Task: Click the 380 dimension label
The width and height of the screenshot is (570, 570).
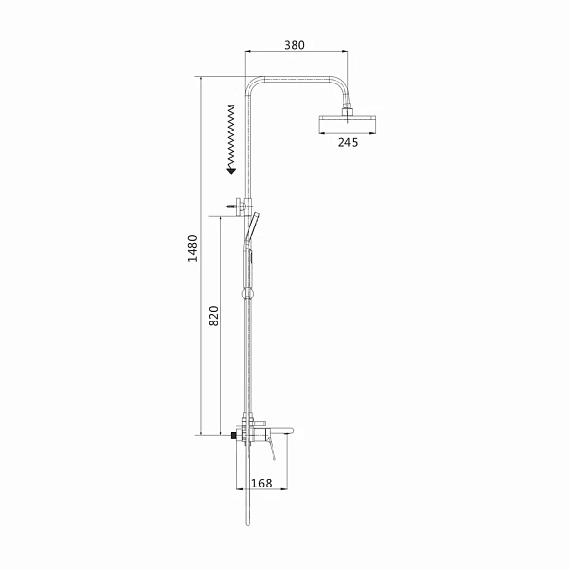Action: [294, 45]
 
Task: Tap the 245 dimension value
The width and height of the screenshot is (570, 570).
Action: [347, 142]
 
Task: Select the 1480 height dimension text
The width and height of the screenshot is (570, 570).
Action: [192, 249]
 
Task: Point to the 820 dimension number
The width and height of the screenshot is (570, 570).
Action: [214, 316]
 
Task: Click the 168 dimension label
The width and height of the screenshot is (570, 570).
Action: [262, 483]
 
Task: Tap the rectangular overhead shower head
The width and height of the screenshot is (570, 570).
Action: [346, 124]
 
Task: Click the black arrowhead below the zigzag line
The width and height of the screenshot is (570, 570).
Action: [231, 171]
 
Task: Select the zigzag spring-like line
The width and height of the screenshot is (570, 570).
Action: [231, 136]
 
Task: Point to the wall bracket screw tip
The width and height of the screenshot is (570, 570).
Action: [229, 206]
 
